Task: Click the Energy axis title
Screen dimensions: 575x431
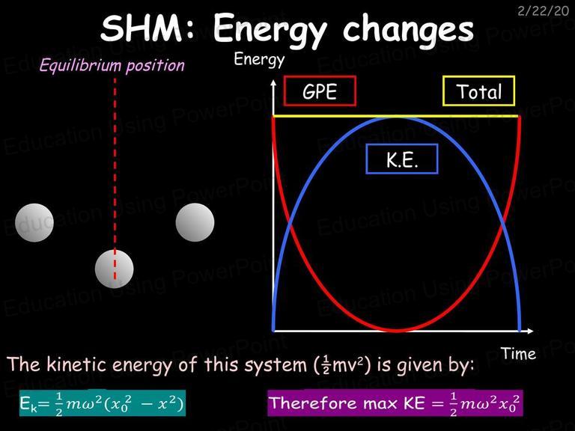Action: (x=259, y=60)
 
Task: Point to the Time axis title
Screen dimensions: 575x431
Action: (x=518, y=354)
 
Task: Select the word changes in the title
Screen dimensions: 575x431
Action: (x=408, y=29)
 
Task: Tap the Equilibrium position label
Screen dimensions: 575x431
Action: (x=112, y=66)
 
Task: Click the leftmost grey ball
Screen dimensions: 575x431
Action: (x=34, y=222)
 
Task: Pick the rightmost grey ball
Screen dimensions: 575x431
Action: (x=195, y=222)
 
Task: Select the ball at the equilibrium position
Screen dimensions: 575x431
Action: (x=114, y=269)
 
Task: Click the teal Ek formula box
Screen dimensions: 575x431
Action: (x=103, y=403)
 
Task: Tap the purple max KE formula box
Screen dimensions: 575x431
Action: (x=395, y=403)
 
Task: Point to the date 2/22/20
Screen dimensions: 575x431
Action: (x=543, y=11)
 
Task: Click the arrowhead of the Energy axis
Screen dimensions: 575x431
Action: (x=273, y=83)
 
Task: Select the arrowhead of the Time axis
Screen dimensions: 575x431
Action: (x=530, y=331)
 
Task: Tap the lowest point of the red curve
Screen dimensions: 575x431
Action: (x=397, y=330)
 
